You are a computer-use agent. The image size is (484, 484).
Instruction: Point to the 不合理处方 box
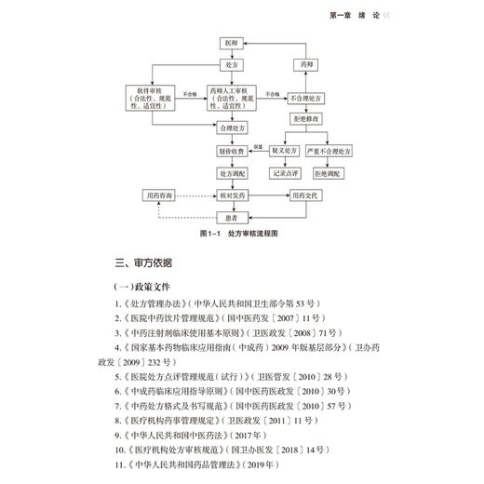(x=306, y=96)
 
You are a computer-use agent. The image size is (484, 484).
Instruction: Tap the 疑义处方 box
(x=282, y=149)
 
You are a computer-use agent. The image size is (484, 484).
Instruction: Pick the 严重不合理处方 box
(x=331, y=149)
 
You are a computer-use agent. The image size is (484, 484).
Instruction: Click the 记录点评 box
(x=282, y=172)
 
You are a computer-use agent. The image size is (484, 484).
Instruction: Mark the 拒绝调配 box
(x=331, y=172)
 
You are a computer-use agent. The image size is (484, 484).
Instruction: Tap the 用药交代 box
(x=306, y=196)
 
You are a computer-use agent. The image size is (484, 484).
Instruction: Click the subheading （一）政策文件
(x=141, y=287)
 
